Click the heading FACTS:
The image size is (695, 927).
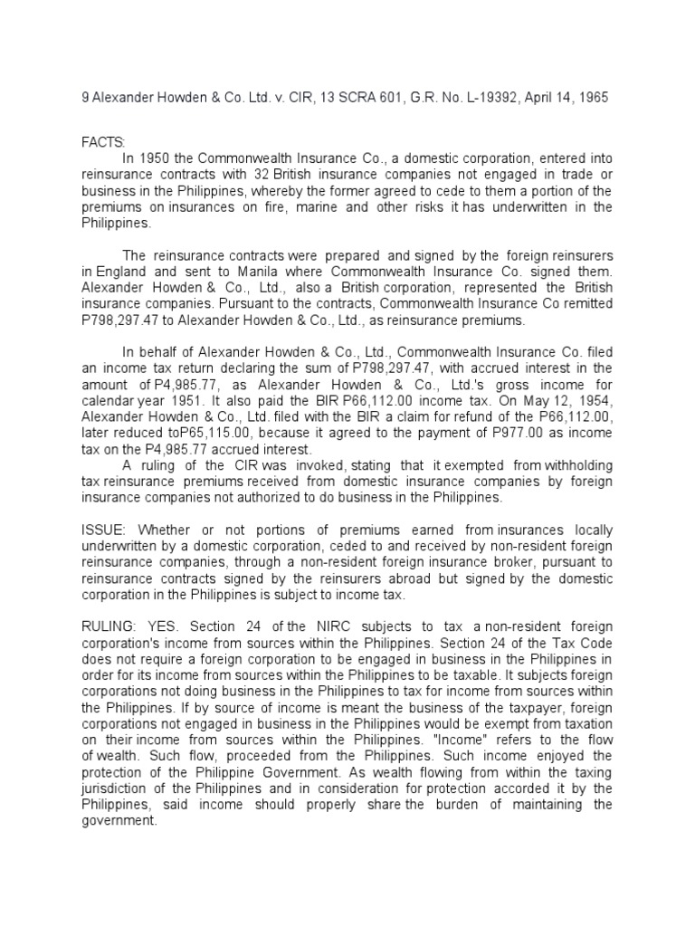pyautogui.click(x=104, y=142)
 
